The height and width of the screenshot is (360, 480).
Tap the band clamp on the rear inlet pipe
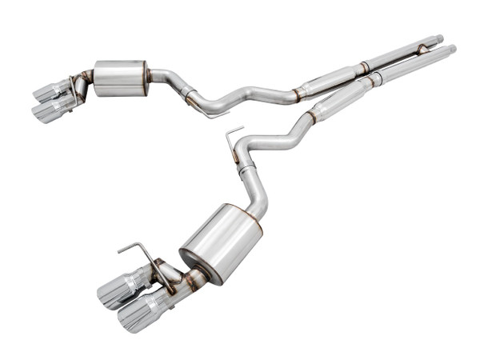click(364, 66)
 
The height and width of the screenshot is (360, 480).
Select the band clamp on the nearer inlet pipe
click(373, 80)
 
